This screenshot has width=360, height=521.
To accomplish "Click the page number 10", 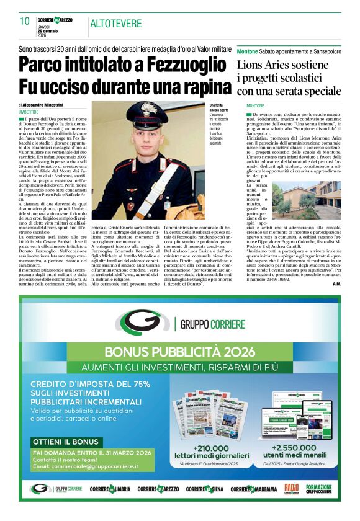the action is pos(25,21).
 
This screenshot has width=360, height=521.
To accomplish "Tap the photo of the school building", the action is pos(318,200).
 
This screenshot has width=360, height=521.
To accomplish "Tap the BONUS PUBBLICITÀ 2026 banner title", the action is pos(180,352).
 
